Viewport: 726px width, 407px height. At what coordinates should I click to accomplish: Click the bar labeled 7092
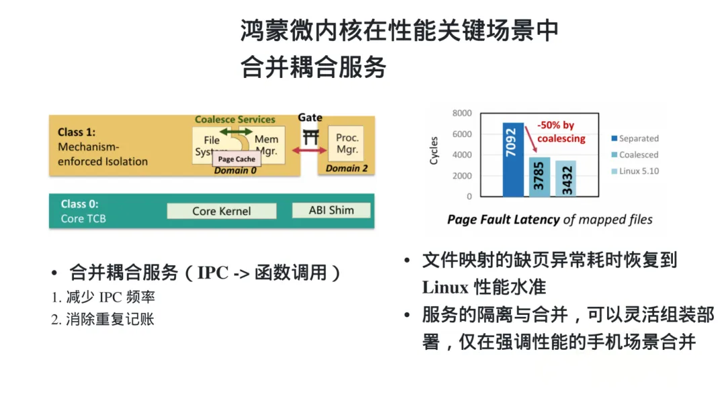[513, 159]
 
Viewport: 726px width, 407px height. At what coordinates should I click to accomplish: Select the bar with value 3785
[539, 177]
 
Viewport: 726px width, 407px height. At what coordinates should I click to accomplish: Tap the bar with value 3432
[566, 178]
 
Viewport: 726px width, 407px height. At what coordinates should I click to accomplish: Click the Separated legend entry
[635, 138]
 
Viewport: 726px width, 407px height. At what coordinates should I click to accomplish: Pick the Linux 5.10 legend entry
[635, 171]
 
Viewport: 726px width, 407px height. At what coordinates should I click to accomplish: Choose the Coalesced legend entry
[635, 155]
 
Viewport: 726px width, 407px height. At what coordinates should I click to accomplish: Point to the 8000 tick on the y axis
[462, 113]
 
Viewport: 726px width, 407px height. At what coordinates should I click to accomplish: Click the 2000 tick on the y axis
[462, 176]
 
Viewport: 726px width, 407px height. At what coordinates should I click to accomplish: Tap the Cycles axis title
[434, 151]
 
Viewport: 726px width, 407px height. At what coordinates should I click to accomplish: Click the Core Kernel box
[222, 211]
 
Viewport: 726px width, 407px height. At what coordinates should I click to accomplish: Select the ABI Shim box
[331, 210]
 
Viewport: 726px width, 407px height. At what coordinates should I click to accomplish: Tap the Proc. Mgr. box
[347, 143]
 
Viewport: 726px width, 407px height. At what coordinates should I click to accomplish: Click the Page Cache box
[237, 159]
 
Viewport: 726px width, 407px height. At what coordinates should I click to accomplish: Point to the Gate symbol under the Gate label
[310, 137]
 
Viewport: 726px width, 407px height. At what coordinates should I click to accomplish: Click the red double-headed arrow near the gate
[309, 150]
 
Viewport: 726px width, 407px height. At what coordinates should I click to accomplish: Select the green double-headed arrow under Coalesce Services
[236, 132]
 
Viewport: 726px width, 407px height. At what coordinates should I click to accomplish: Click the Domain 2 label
[347, 168]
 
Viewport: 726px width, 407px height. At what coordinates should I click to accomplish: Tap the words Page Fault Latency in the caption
[503, 220]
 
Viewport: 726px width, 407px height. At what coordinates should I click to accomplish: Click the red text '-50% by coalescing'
[561, 132]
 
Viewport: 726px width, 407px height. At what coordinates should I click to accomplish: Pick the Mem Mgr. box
[267, 145]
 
